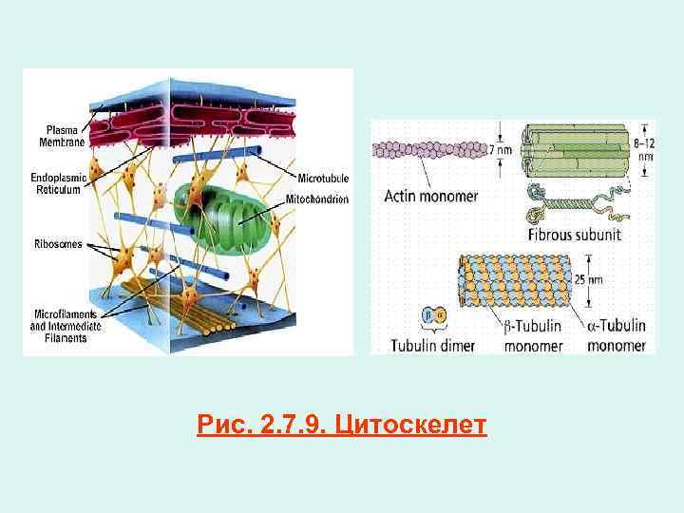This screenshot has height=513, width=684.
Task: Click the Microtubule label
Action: coord(324,177)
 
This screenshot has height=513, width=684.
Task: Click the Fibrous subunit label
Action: coord(582,234)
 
